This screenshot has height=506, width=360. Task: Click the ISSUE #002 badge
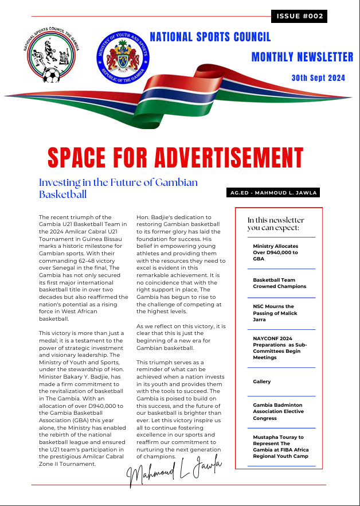pyautogui.click(x=299, y=16)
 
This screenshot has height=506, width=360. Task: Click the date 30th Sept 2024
pyautogui.click(x=318, y=78)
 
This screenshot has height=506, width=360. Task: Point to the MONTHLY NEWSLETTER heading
pyautogui.click(x=302, y=57)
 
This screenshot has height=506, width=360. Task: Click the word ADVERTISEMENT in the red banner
pyautogui.click(x=225, y=158)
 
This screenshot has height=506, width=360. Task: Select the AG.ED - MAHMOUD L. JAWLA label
pyautogui.click(x=273, y=193)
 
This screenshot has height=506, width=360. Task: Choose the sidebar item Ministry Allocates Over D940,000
pyautogui.click(x=275, y=252)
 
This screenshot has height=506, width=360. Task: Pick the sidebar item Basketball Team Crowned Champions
pyautogui.click(x=279, y=283)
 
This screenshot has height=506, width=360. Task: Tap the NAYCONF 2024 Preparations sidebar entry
pyautogui.click(x=280, y=348)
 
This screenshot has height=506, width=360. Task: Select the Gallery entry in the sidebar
pyautogui.click(x=262, y=382)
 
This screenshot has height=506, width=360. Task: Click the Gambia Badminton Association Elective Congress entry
pyautogui.click(x=278, y=411)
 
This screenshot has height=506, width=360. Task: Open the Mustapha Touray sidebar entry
pyautogui.click(x=279, y=446)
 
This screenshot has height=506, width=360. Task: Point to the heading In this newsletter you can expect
pyautogui.click(x=276, y=224)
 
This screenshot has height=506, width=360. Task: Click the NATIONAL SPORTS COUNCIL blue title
pyautogui.click(x=210, y=37)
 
